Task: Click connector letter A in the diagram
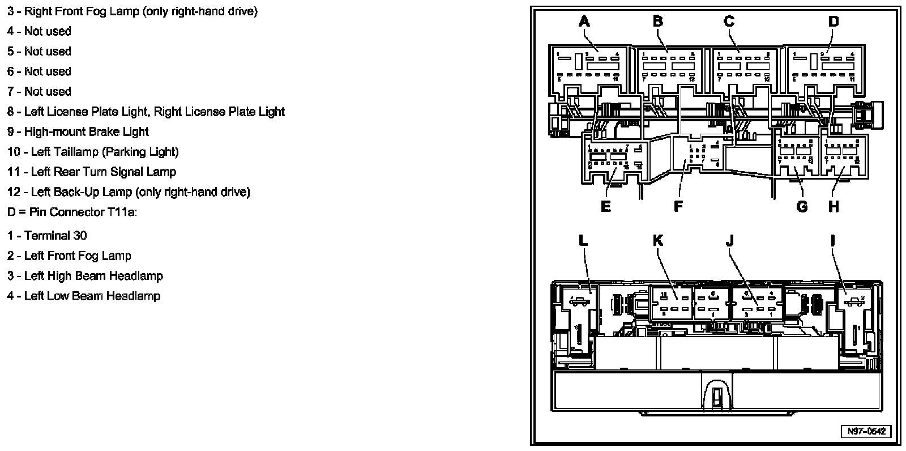point(584,22)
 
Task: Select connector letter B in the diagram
point(657,22)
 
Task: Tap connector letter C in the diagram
point(729,22)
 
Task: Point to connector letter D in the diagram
point(833,22)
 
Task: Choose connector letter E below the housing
point(605,206)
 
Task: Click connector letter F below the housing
point(678,206)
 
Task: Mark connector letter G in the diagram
point(802,206)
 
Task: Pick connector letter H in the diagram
point(834,206)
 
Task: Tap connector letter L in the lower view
point(584,240)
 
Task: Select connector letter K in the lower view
point(657,240)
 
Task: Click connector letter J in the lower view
point(729,240)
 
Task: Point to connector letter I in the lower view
point(832,240)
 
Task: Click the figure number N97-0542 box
point(866,431)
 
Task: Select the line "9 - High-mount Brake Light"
point(78,132)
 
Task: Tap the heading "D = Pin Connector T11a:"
point(72,212)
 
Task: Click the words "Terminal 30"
point(55,236)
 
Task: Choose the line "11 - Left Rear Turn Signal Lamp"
point(92,172)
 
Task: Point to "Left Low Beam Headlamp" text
point(92,296)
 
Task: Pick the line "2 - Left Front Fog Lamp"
point(69,256)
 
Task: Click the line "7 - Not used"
point(40,91)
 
